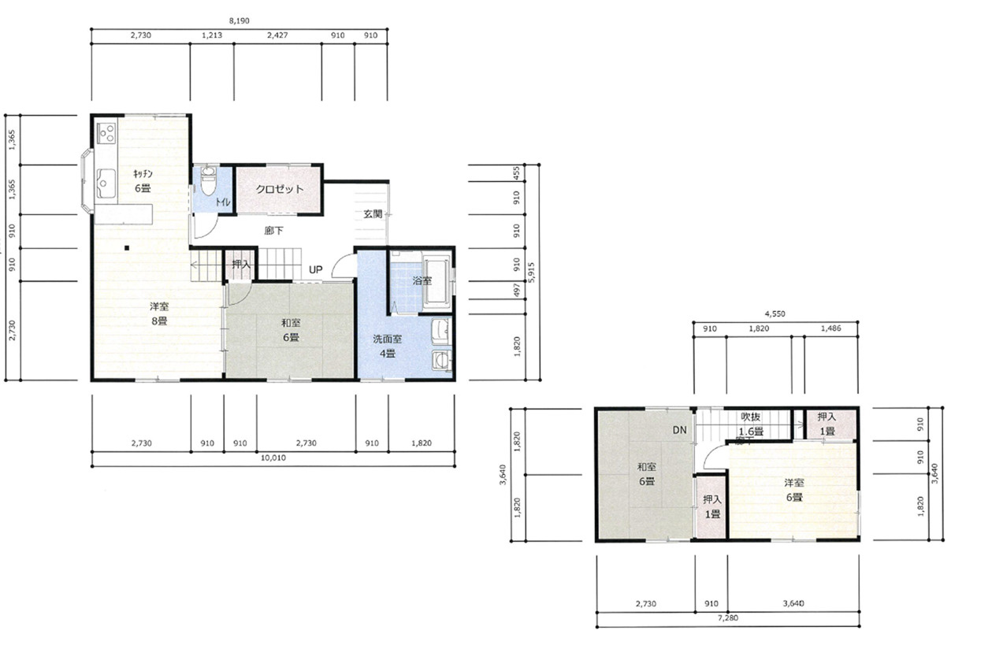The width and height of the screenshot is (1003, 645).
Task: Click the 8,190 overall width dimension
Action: [239, 20]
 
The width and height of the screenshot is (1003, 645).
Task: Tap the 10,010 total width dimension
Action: [273, 458]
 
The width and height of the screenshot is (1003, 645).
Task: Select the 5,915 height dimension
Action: [532, 272]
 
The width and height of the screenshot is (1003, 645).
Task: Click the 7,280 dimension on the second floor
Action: [728, 618]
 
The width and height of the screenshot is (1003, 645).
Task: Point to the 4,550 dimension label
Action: [775, 313]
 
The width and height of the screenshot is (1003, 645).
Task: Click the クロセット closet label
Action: [280, 189]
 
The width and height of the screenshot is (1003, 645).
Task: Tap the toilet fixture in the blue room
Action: [208, 181]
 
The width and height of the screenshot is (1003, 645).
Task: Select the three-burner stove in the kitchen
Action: [107, 133]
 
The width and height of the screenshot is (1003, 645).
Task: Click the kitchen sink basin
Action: [106, 183]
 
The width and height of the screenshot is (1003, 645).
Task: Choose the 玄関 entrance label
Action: [373, 214]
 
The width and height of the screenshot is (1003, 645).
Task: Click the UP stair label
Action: [316, 269]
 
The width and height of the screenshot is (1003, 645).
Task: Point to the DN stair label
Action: [680, 430]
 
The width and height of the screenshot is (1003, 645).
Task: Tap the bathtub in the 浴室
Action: [436, 280]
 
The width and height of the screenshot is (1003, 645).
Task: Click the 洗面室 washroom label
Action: [388, 339]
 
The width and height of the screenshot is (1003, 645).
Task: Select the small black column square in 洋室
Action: [127, 248]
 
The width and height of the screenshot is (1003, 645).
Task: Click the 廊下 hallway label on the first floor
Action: [273, 231]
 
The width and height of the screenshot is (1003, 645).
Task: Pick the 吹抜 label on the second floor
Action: [750, 417]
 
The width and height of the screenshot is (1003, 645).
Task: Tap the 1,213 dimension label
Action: [212, 35]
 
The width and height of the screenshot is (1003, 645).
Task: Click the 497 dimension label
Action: [517, 290]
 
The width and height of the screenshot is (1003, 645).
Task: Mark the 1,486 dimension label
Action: [831, 328]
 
